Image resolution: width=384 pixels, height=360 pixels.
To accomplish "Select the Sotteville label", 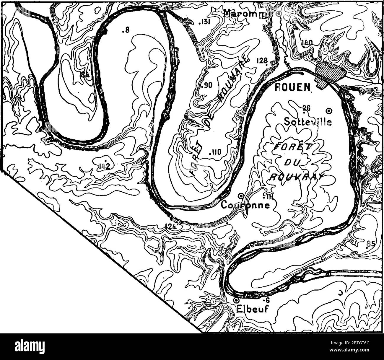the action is click(307, 121).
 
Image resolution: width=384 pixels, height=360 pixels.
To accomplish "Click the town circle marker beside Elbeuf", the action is click(236, 300).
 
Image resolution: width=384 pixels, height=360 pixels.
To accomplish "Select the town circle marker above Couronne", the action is click(241, 196).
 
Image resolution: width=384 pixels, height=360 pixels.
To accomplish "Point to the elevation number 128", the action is click(262, 61).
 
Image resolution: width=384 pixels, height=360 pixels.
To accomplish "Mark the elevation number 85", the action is click(370, 244).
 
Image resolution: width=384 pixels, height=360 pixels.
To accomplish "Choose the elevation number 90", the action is click(206, 85).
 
